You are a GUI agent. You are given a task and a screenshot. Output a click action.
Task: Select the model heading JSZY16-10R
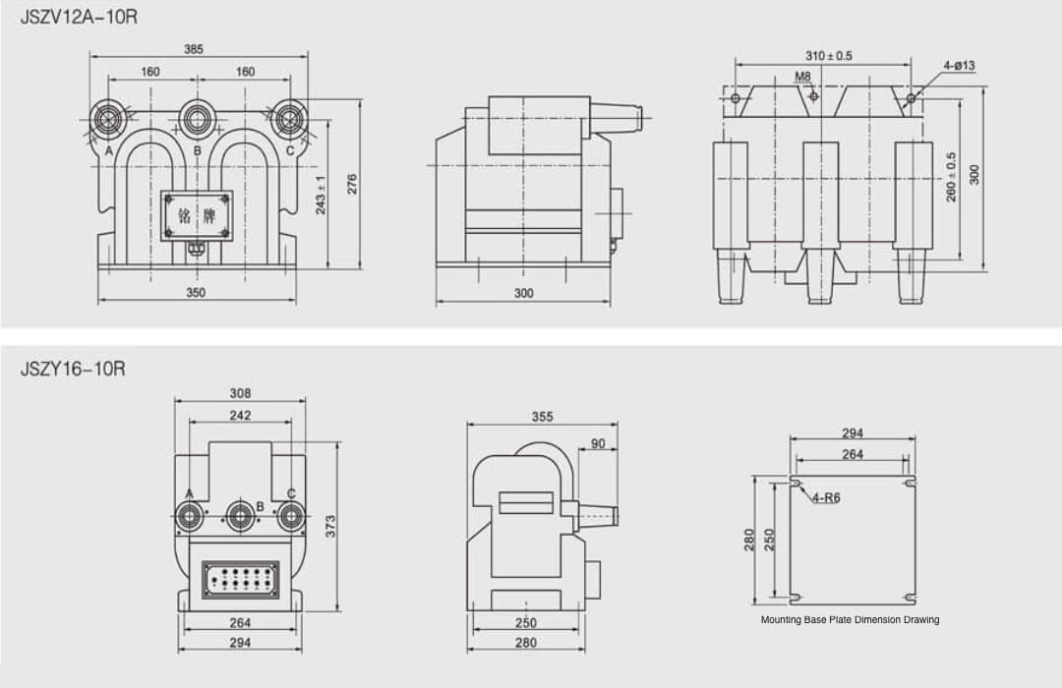73,369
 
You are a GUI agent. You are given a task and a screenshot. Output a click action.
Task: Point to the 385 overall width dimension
194,49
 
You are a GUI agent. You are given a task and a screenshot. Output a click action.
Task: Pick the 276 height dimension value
353,184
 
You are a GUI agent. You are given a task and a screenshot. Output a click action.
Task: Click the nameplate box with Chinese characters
197,215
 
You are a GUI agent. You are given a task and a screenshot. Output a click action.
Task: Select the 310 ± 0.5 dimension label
829,56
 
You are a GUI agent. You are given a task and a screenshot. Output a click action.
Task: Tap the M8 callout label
802,76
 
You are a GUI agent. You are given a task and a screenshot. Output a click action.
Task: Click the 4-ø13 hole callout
959,66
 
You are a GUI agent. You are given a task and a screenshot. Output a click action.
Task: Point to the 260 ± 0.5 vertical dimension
951,177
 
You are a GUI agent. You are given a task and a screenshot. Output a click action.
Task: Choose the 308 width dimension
240,393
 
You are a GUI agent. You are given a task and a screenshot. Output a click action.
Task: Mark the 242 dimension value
240,416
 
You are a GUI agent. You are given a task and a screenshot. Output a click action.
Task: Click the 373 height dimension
331,525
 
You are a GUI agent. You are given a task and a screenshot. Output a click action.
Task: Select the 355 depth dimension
542,417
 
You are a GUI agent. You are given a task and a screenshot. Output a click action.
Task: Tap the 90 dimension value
598,444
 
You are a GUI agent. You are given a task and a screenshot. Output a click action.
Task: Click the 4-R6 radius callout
826,498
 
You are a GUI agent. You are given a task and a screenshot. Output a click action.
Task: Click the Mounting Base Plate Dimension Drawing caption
850,620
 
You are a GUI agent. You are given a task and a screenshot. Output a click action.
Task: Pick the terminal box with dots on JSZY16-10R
240,579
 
